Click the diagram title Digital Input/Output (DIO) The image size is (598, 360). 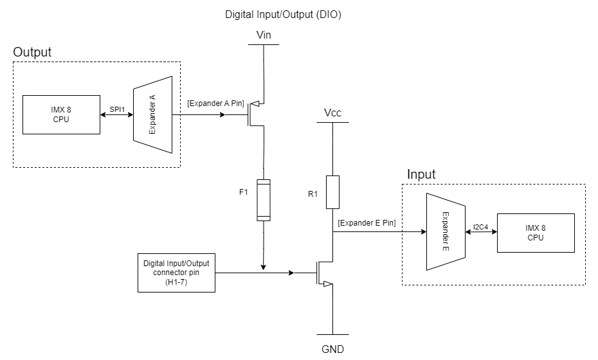coord(283,14)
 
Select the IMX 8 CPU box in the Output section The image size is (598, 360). coord(61,115)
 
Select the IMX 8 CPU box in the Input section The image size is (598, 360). coord(535,233)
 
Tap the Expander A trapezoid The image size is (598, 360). coord(152,115)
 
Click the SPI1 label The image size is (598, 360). coord(116,110)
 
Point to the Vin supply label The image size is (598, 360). coord(264,36)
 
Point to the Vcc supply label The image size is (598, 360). coord(332,113)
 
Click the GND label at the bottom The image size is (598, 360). coord(332,350)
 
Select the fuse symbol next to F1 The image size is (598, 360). coord(264,200)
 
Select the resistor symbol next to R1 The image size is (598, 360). coord(332,192)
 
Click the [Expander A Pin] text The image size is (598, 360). coord(216,103)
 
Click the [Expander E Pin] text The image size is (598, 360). coord(366,222)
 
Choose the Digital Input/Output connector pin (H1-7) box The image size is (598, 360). coord(177,273)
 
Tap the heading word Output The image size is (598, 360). coord(32,52)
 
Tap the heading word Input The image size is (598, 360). coord(421,174)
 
